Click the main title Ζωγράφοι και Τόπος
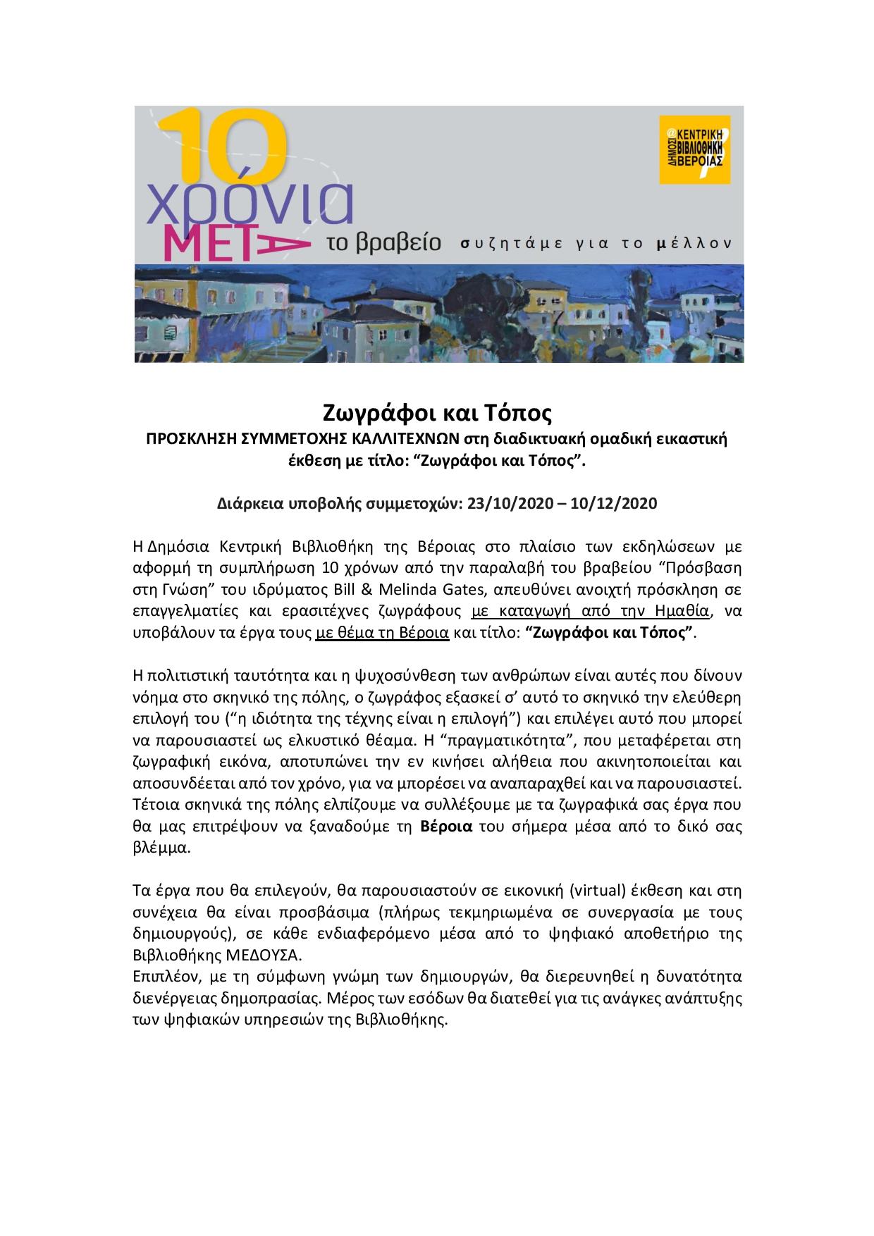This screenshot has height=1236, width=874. click(x=436, y=412)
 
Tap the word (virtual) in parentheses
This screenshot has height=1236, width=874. click(x=597, y=890)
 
